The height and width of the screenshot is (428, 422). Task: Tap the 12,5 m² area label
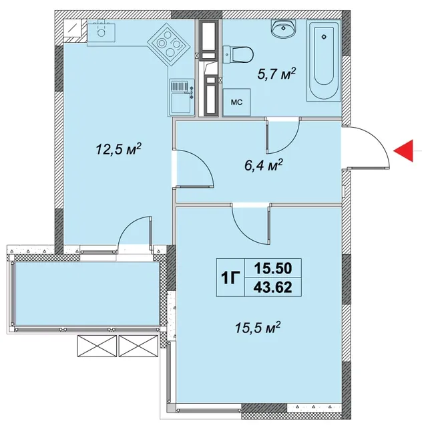pyautogui.click(x=119, y=148)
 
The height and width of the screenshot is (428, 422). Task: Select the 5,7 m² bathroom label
pyautogui.click(x=276, y=74)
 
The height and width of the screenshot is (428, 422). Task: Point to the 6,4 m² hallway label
pyautogui.click(x=264, y=165)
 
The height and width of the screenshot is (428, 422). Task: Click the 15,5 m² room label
pyautogui.click(x=258, y=327)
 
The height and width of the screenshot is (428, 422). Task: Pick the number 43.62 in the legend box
pyautogui.click(x=273, y=287)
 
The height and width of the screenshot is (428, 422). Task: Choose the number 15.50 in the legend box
pyautogui.click(x=273, y=268)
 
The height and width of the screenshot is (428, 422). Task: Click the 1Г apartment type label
pyautogui.click(x=230, y=278)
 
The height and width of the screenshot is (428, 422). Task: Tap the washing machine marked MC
pyautogui.click(x=236, y=102)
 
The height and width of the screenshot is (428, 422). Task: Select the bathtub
pyautogui.click(x=324, y=60)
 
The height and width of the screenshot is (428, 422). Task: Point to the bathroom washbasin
pyautogui.click(x=284, y=28)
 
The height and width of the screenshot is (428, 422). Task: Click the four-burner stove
pyautogui.click(x=168, y=44)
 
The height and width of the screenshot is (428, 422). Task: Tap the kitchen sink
pyautogui.click(x=101, y=31)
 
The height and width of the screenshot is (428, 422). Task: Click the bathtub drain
pyautogui.click(x=324, y=37)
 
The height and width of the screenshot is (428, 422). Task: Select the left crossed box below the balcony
pyautogui.click(x=97, y=346)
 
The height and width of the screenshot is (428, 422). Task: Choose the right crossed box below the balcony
pyautogui.click(x=138, y=346)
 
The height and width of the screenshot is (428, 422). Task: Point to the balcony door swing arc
pyautogui.click(x=128, y=225)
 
